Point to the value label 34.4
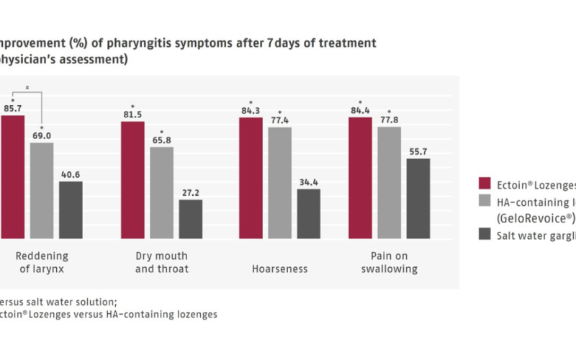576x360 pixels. pyautogui.click(x=308, y=183)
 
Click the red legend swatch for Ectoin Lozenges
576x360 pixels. pyautogui.click(x=484, y=182)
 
